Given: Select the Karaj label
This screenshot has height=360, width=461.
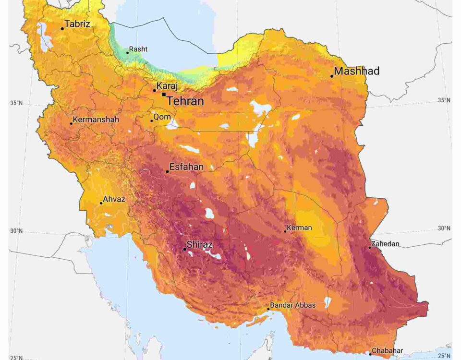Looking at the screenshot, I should click(x=167, y=86).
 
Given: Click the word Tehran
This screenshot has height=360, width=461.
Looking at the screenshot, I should click(x=185, y=101).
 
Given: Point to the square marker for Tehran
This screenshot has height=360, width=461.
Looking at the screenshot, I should click(x=164, y=95).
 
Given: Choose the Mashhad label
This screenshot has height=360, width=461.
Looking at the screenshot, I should click(x=357, y=71).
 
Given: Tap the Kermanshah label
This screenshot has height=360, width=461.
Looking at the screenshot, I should click(x=96, y=119).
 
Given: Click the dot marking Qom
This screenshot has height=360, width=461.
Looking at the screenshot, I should click(x=152, y=120).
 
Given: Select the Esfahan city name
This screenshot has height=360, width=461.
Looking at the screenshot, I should click(x=186, y=167).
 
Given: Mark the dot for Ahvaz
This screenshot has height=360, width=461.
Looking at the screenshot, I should click(x=101, y=203).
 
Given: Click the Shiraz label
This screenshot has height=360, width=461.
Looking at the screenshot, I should click(x=199, y=244).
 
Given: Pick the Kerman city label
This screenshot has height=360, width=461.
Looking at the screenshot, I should click(x=299, y=228).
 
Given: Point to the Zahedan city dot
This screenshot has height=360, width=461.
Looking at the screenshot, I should click(x=370, y=248).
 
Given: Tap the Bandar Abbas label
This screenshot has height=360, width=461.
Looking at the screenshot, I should click(x=292, y=305).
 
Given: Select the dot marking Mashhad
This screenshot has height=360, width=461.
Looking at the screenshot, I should click(x=331, y=76).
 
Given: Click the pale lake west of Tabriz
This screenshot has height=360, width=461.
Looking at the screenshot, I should click(x=45, y=36).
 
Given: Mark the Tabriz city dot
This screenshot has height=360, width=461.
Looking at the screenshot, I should click(x=62, y=29).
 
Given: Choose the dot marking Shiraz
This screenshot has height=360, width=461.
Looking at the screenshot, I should click(x=184, y=249).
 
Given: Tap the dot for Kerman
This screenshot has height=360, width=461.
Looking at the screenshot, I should click(x=285, y=231).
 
